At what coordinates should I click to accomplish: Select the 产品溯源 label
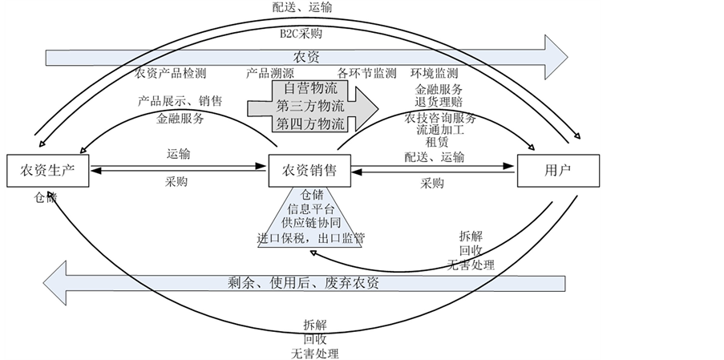click(267, 74)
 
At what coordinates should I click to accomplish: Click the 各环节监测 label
click(366, 74)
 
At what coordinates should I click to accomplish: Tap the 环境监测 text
click(435, 74)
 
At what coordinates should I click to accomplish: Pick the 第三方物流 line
click(310, 106)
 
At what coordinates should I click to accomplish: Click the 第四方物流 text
click(310, 123)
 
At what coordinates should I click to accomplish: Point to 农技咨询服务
click(440, 117)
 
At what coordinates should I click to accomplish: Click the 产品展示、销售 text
click(180, 102)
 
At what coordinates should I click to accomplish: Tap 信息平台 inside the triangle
click(308, 208)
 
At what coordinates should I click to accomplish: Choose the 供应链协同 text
click(309, 223)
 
